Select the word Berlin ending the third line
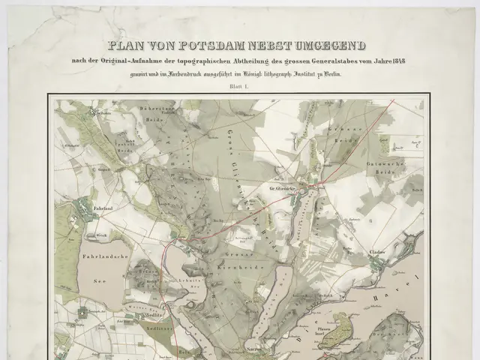pyautogui.click(x=343, y=74)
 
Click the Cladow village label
pyautogui.click(x=376, y=253)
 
